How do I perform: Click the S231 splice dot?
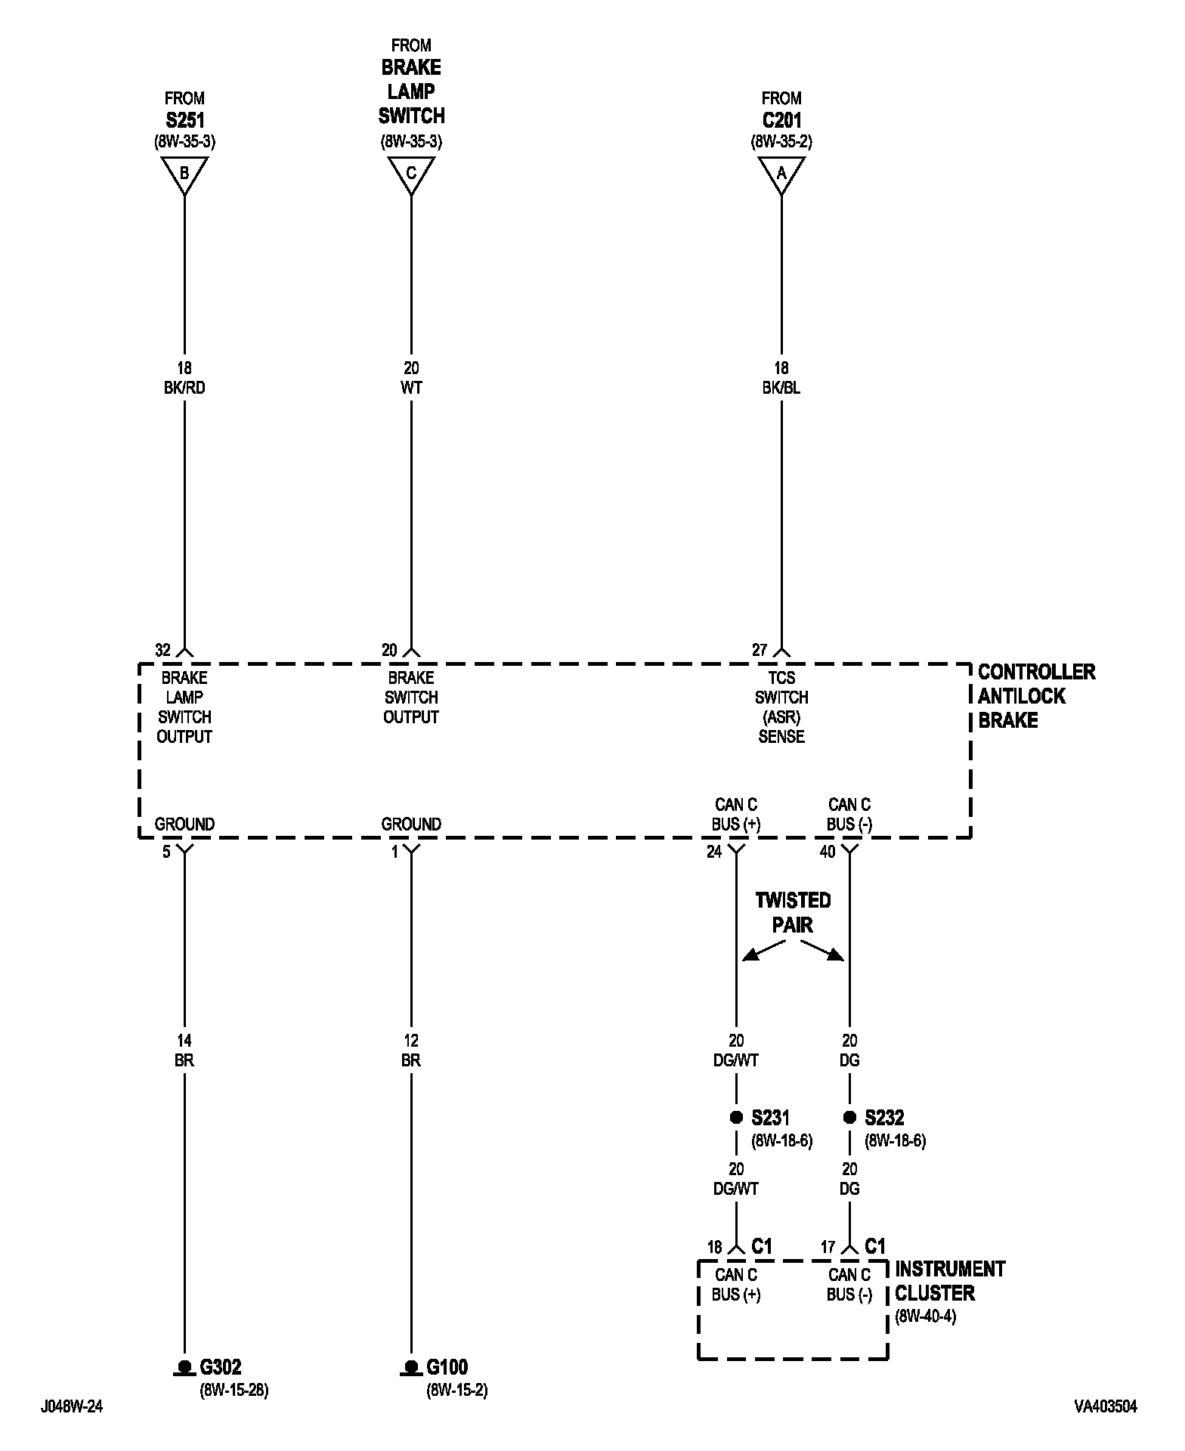pos(736,1117)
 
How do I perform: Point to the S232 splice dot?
pos(849,1117)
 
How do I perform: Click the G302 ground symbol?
pos(184,1366)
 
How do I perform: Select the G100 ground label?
pos(447,1366)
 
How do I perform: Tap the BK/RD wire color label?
pos(184,388)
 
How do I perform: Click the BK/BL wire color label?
pos(781,388)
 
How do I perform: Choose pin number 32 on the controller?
pos(162,650)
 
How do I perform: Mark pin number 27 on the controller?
pos(760,650)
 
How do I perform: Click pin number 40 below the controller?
pos(828,852)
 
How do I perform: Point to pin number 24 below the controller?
pos(714,852)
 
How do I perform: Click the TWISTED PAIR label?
pos(793,912)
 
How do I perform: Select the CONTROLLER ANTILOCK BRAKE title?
pos(1035,696)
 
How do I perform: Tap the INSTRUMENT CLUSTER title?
pos(950,1281)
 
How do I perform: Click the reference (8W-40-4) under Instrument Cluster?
pos(925,1316)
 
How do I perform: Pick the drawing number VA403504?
pos(1105,1406)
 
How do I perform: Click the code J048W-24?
pos(72,1406)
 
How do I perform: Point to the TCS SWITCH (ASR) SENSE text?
pos(781,707)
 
